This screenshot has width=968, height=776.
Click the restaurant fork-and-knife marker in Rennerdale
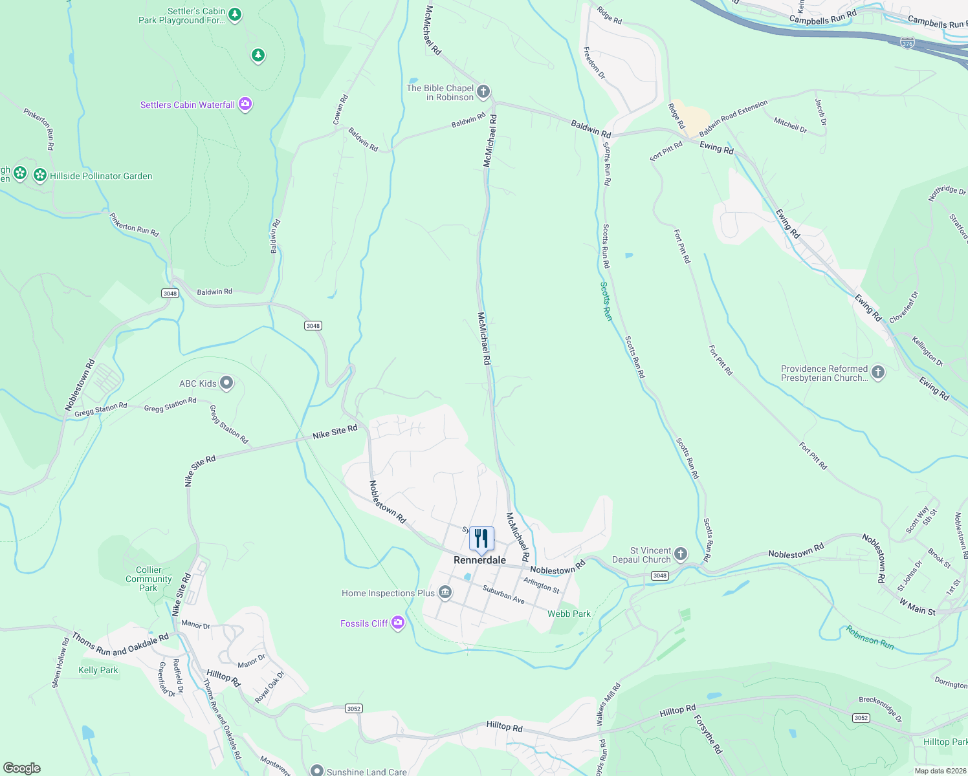(481, 539)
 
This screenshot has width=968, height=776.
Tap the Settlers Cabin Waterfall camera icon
(245, 104)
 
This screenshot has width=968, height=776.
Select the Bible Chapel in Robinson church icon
(483, 92)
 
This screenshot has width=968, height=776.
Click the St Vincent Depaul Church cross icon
(680, 554)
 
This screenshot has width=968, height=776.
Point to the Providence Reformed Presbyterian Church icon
(878, 372)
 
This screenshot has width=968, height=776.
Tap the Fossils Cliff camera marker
(398, 623)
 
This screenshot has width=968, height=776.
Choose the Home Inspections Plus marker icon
(445, 592)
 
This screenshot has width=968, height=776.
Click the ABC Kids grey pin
(226, 383)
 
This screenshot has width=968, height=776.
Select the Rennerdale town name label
(479, 560)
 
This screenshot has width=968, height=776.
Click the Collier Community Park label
(149, 579)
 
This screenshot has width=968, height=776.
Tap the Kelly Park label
(98, 670)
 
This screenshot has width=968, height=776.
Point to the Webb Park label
(569, 614)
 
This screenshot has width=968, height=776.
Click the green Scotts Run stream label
(606, 301)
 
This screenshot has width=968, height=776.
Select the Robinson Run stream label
(870, 637)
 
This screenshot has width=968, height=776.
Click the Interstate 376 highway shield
(907, 43)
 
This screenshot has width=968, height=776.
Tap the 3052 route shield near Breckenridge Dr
(861, 718)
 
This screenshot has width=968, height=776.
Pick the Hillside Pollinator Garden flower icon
(40, 175)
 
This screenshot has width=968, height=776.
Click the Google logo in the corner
(22, 768)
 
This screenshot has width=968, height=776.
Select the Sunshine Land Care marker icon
(316, 771)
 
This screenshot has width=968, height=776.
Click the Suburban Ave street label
(503, 595)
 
